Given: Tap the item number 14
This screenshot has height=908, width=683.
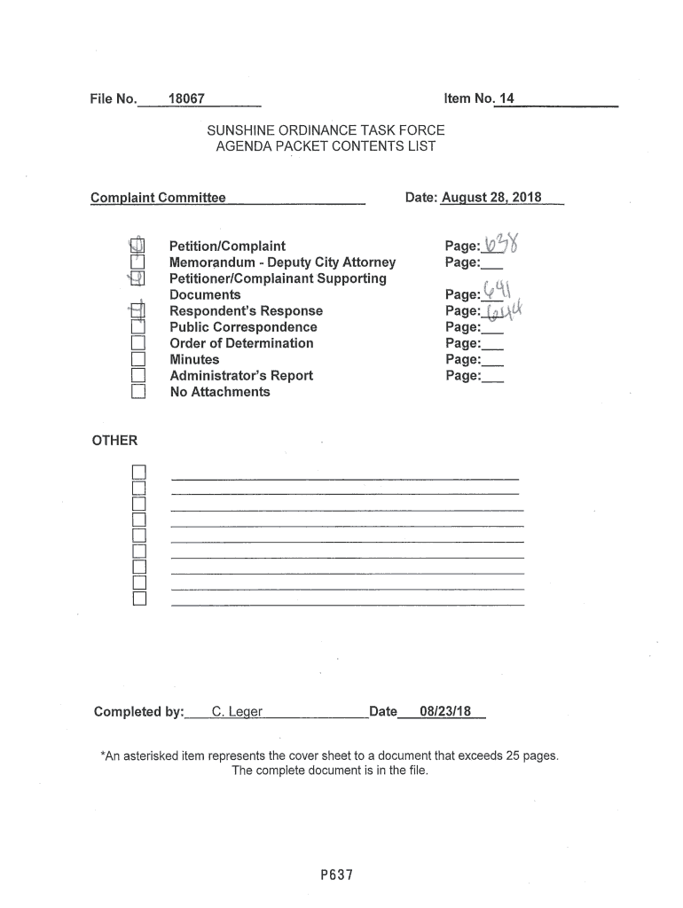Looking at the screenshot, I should pyautogui.click(x=506, y=98).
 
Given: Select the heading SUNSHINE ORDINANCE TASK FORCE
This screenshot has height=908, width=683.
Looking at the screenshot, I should pyautogui.click(x=326, y=130).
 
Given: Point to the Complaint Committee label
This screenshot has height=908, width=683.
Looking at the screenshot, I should pyautogui.click(x=158, y=197).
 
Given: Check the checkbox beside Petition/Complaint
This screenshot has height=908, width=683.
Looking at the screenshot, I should pyautogui.click(x=137, y=246).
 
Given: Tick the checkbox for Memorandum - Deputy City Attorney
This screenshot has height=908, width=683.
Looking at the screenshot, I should pyautogui.click(x=137, y=262).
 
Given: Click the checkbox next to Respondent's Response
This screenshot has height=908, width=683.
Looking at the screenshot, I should pyautogui.click(x=137, y=311).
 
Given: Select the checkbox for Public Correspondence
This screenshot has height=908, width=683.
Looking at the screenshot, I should pyautogui.click(x=137, y=327).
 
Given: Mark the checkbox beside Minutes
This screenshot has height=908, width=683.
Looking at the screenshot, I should pyautogui.click(x=137, y=360).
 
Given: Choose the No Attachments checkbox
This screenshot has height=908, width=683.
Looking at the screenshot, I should pyautogui.click(x=137, y=392).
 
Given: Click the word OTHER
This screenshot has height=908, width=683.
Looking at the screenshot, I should pyautogui.click(x=115, y=441).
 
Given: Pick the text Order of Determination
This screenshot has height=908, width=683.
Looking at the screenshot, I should pyautogui.click(x=241, y=343).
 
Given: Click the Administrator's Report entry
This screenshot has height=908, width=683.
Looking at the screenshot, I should pyautogui.click(x=241, y=376).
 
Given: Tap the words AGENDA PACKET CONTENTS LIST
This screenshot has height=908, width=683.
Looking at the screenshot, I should pyautogui.click(x=326, y=146).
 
